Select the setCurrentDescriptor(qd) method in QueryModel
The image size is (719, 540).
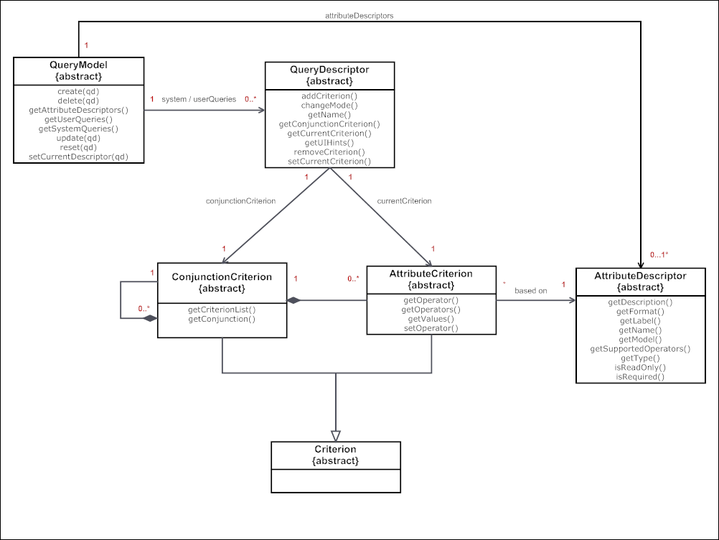78,157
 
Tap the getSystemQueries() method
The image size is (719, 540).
78,129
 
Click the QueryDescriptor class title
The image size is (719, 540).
329,70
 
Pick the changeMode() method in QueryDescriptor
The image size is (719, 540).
329,105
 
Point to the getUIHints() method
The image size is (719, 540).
329,142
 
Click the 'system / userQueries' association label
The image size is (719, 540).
199,99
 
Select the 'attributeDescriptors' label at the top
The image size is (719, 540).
359,14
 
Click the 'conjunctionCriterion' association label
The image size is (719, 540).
240,201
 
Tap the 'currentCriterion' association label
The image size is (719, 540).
405,201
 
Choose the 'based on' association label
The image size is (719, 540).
530,291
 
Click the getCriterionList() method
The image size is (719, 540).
222,309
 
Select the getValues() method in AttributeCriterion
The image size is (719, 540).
431,319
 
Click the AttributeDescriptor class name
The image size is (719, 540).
640,276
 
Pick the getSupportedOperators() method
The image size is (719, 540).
640,349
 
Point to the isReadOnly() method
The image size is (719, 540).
640,367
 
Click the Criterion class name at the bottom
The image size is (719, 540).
335,449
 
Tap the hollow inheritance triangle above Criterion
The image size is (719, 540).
336,435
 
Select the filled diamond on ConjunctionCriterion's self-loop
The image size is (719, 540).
149,317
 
